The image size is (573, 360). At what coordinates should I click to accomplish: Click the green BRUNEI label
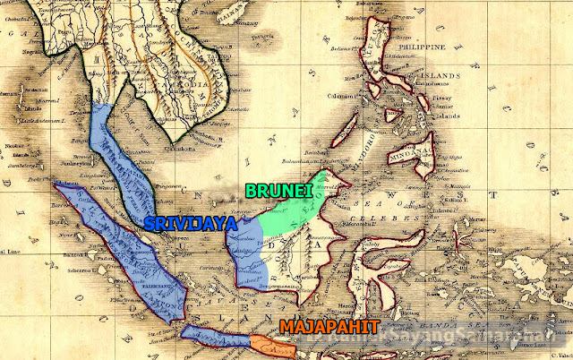[277, 191]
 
